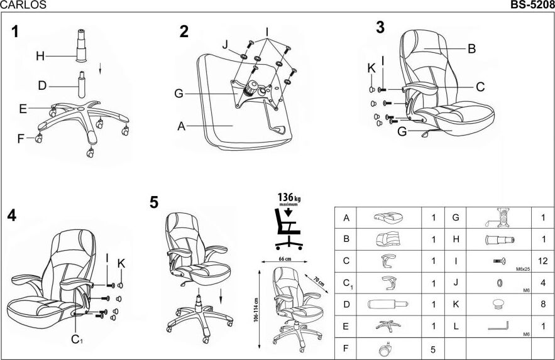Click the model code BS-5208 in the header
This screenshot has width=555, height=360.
click(532, 5)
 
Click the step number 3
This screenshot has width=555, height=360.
click(380, 27)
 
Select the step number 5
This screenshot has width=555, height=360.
click(154, 202)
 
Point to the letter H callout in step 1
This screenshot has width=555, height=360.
click(40, 56)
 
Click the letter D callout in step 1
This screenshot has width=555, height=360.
click(42, 85)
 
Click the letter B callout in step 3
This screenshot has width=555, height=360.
click(471, 48)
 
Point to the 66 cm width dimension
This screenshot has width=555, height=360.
click(284, 259)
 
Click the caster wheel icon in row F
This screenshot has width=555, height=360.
click(383, 347)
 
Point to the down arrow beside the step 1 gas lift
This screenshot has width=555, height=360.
click(100, 67)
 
